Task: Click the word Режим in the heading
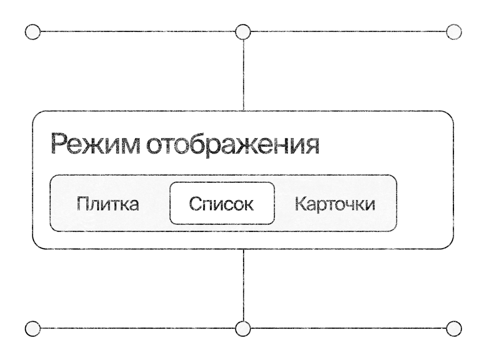[96, 144]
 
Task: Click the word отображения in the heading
[233, 145]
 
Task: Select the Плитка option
[108, 203]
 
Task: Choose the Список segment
[222, 203]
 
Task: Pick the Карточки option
[335, 203]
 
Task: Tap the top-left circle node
[33, 32]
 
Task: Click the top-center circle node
[243, 32]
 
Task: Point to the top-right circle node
[454, 32]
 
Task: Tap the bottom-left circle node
[33, 329]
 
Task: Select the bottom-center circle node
[243, 329]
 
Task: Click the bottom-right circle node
[454, 329]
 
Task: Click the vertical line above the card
[243, 75]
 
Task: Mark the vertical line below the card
[243, 285]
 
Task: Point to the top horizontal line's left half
[138, 31]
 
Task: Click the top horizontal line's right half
[349, 31]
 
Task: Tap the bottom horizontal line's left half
[138, 328]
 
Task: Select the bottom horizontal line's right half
[349, 328]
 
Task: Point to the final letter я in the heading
[312, 146]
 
